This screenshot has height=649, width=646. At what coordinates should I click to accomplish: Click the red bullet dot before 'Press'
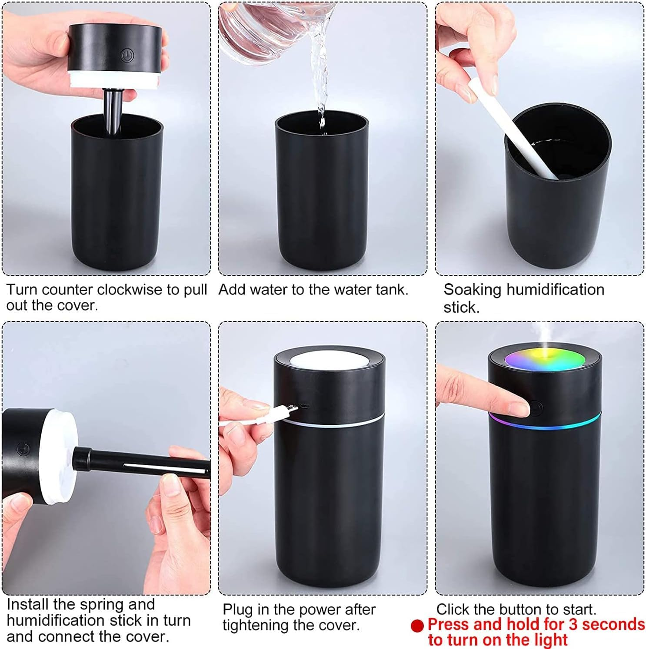point(417,625)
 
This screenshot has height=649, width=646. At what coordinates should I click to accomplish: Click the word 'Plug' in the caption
point(237,610)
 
